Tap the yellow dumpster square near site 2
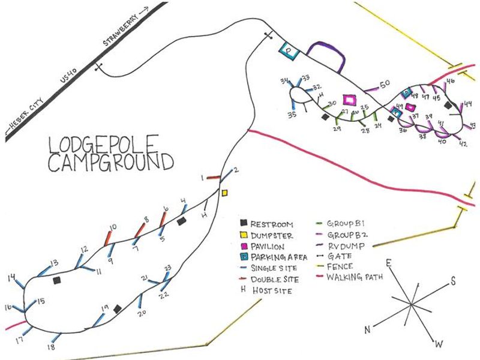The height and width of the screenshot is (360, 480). point(225,193)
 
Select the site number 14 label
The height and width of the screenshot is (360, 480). point(12,278)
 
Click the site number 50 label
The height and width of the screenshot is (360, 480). point(385,83)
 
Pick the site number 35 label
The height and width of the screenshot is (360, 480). point(292,115)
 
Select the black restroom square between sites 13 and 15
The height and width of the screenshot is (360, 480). point(56,280)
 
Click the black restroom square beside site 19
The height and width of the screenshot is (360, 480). point(118,308)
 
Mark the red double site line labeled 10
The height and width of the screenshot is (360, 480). point(109,238)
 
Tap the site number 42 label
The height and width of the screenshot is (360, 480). point(463,144)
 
